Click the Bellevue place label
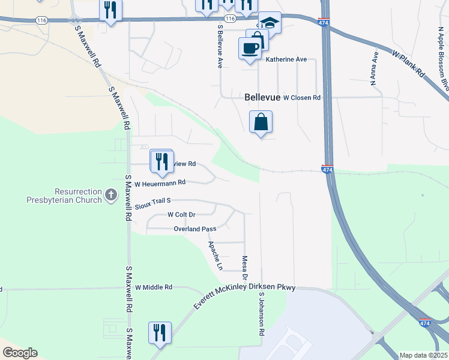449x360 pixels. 263,97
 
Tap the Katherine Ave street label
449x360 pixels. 286,59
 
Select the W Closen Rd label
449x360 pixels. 302,97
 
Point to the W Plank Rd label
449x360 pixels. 409,64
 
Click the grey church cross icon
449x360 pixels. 110,194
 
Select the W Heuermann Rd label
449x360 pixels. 160,183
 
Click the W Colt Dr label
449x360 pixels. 182,214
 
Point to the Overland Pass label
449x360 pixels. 194,229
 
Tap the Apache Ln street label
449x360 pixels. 215,255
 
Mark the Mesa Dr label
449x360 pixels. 244,266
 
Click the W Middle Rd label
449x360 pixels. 154,287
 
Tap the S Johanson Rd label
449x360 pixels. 262,314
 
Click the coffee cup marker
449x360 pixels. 250,49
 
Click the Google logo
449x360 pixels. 20,353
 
